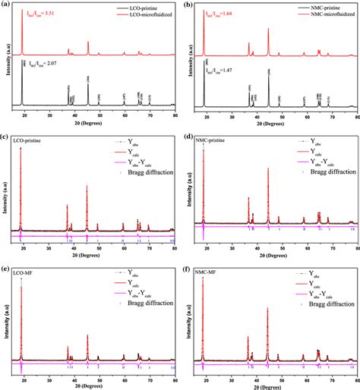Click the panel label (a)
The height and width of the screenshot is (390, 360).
coord(5,5)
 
